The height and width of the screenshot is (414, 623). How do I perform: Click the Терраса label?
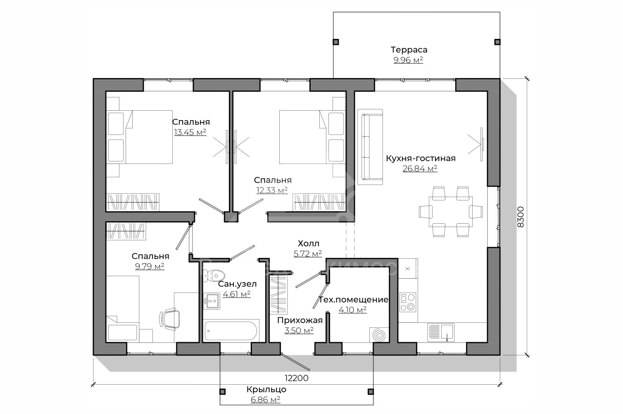coord(409,50)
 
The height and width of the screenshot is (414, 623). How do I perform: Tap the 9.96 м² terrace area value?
coord(408,60)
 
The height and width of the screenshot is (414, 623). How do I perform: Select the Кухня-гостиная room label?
coord(421,159)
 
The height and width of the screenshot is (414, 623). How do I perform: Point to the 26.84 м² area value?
coord(420,168)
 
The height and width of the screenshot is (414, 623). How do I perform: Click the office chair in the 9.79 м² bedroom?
coord(170,318)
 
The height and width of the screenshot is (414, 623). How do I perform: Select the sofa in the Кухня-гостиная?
coord(371,147)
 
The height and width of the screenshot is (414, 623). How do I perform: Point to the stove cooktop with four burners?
coord(408,302)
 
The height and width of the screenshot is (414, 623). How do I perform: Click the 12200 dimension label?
coord(297,378)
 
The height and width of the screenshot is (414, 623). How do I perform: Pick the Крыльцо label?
coord(266,390)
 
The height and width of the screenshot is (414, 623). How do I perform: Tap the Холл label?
coord(309,244)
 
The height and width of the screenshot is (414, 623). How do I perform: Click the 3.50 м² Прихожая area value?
coord(299,330)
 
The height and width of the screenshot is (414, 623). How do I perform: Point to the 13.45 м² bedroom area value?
coord(190,132)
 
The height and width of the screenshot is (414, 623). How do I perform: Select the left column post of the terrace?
coord(336,42)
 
